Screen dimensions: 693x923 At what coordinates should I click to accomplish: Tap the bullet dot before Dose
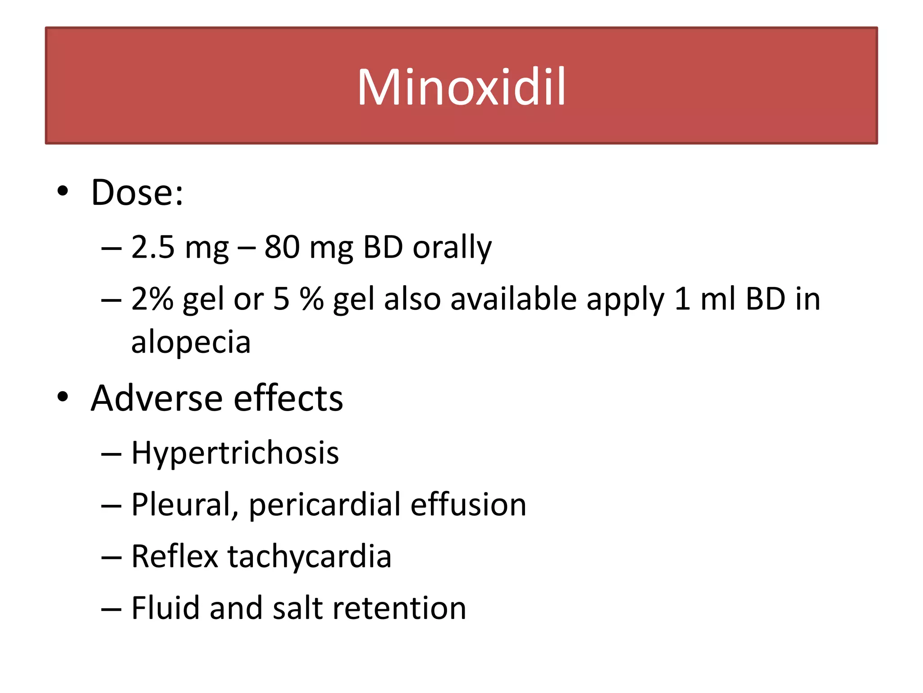pos(63,191)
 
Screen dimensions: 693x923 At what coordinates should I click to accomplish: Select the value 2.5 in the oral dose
pos(152,247)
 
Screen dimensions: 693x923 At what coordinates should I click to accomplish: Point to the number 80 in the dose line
pos(282,247)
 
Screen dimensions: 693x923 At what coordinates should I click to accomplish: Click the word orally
pos(452,248)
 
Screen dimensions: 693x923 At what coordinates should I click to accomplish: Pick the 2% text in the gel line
pos(152,299)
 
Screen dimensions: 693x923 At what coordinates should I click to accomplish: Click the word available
pos(513,299)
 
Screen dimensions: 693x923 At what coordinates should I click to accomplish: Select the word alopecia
pos(191,342)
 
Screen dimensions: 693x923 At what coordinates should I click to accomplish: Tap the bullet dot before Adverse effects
pos(63,397)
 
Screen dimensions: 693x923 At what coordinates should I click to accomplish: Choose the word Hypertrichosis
pos(235,453)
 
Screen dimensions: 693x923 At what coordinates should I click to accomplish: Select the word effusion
pos(468,504)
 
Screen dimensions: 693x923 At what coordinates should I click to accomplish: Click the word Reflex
pos(175,556)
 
